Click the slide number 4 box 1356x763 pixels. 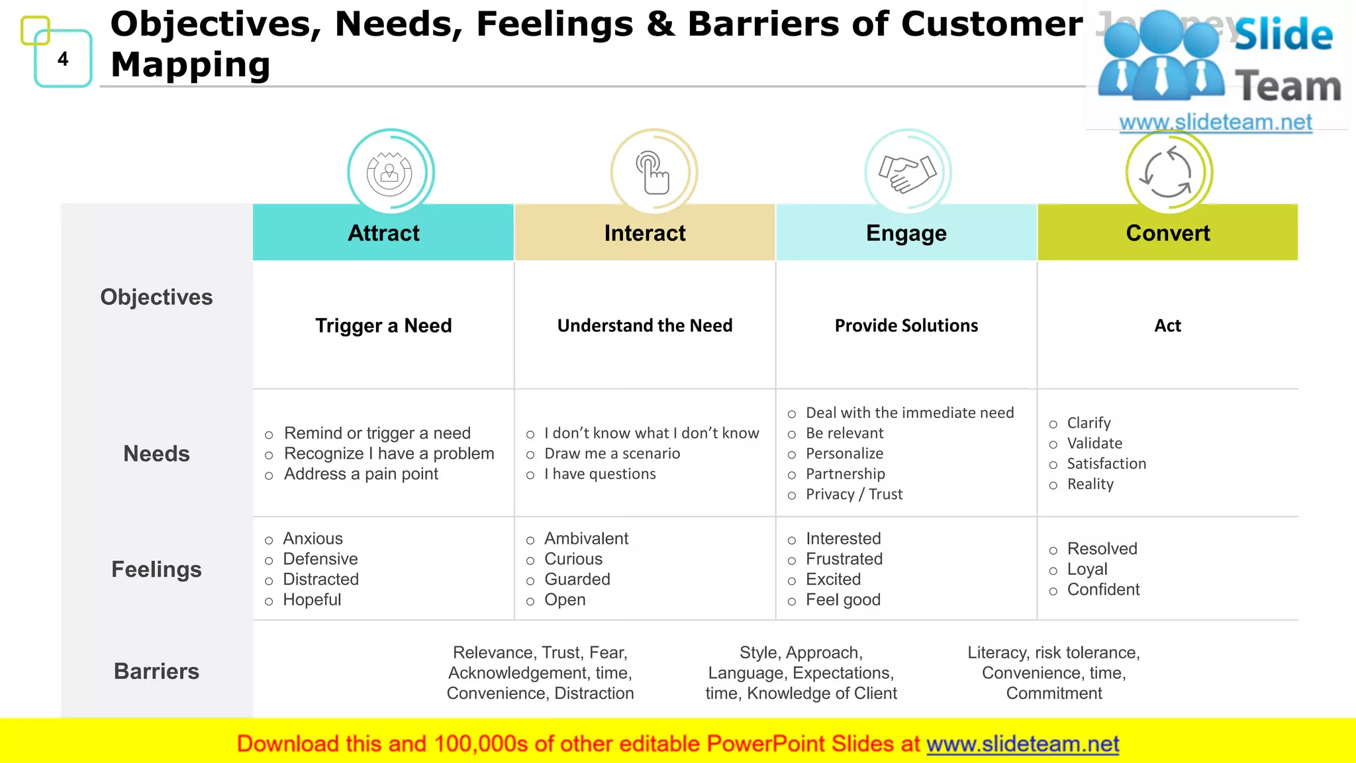pos(63,59)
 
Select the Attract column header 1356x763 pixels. pos(383,233)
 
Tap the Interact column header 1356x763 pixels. pos(645,233)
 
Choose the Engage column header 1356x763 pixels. pos(906,233)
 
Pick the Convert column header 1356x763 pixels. pos(1167,233)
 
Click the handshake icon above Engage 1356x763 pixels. pos(908,173)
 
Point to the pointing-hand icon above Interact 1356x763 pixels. pos(654,173)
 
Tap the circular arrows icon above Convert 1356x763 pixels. pos(1169,173)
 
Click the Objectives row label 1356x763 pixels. pos(156,297)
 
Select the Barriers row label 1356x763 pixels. pos(156,671)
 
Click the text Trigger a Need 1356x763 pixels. pos(383,326)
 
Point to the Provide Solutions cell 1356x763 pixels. pos(906,326)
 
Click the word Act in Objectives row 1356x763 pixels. pos(1167,326)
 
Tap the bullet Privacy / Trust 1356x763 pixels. pos(853,494)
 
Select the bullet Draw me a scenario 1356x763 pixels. pos(612,454)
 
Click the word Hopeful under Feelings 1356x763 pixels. pos(312,600)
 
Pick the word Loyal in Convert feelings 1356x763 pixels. pos(1087,570)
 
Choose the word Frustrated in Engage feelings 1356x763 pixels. pos(844,559)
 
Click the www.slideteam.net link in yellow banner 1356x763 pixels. pos(1022,744)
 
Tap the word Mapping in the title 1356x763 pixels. pos(191,65)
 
